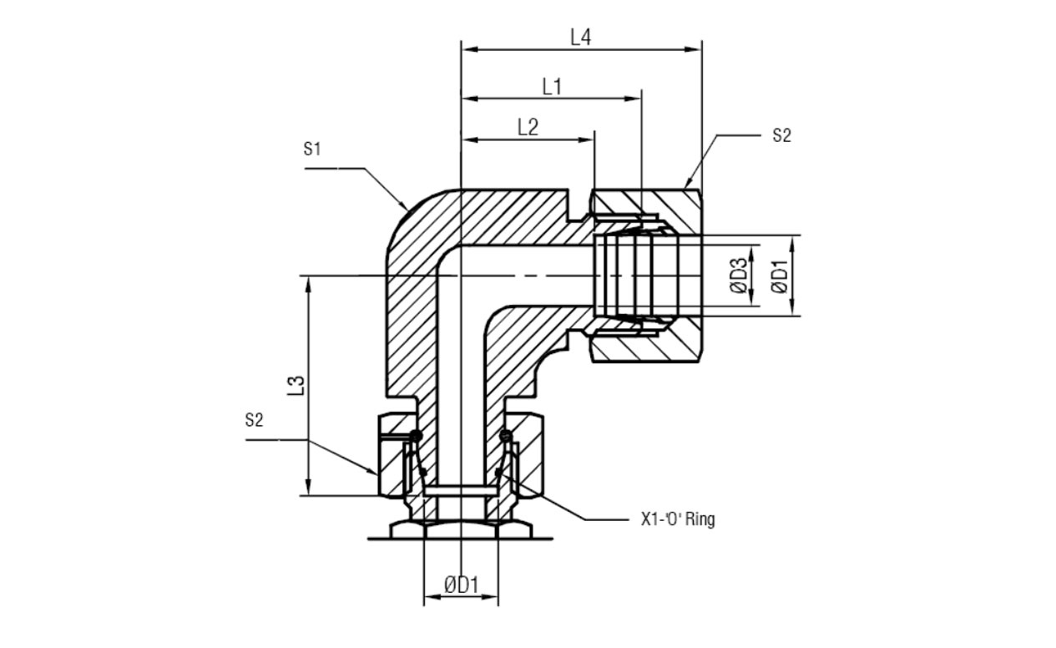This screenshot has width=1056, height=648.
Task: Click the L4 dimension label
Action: pos(580,37)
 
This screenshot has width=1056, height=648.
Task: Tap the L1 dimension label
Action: pos(552,87)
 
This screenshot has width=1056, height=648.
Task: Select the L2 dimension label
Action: pos(528,127)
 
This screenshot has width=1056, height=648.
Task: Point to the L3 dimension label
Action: pos(296,385)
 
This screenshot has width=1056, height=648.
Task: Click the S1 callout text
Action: pos(312,149)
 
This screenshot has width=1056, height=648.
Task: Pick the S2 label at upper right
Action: pos(781,135)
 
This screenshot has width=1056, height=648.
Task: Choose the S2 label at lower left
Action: pos(254,419)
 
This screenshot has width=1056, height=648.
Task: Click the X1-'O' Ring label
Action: pos(678,519)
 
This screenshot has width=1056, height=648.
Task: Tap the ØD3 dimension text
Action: pos(740,276)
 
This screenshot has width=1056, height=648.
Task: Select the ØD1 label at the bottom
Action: pos(461,585)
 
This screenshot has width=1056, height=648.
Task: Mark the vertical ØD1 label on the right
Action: pos(780,276)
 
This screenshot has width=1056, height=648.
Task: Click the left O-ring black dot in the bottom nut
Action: pos(416,435)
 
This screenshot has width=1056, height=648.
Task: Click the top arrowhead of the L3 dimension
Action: pos(308,286)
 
